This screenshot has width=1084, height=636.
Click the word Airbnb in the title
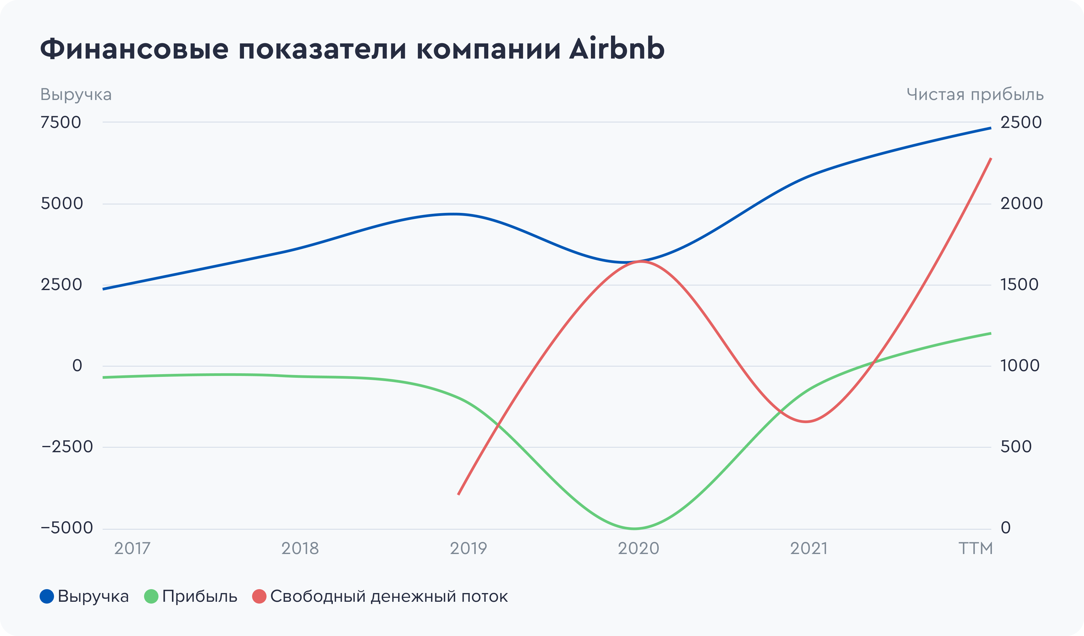(616, 49)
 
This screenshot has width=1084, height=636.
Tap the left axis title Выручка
(76, 95)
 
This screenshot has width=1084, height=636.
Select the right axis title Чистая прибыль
(975, 95)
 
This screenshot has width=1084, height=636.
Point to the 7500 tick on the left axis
(61, 123)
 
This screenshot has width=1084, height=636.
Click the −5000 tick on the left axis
(67, 528)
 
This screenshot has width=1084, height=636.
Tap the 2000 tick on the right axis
(1021, 204)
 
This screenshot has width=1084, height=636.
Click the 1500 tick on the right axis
(1019, 284)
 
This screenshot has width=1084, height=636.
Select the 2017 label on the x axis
(132, 549)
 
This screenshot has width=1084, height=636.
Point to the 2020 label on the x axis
(638, 549)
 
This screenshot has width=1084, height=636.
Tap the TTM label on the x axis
(975, 549)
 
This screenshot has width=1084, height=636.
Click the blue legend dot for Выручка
(47, 596)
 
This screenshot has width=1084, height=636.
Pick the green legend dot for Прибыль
(151, 596)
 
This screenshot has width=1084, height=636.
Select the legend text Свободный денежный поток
(389, 596)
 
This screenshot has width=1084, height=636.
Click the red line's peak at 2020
(640, 261)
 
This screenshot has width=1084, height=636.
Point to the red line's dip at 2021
(806, 422)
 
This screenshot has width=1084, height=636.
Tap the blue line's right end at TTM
(991, 128)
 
